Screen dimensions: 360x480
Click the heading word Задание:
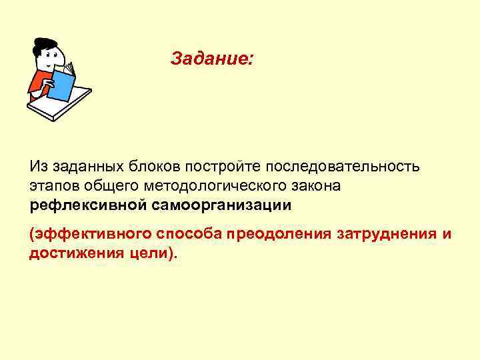coord(211,59)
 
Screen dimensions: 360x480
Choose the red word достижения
coord(73,253)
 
